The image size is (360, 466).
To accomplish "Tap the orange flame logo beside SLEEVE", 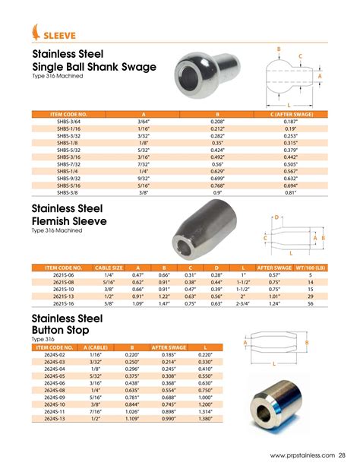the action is pos(36,32).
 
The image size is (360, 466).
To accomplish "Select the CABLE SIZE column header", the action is pos(109,268).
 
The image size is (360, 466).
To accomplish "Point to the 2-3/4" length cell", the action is pos(245,303).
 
